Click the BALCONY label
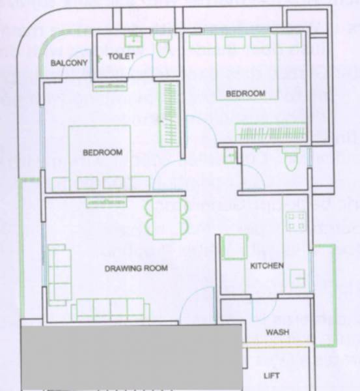(x=69, y=63)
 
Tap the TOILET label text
(x=121, y=57)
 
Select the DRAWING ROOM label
(x=136, y=268)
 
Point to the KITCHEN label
(x=267, y=266)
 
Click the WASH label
(x=277, y=332)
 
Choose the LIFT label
(x=271, y=376)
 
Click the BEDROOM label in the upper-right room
(x=245, y=94)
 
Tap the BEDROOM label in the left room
(x=102, y=152)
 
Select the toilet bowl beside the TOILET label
(x=163, y=46)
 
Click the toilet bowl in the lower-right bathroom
(x=290, y=160)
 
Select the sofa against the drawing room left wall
(x=58, y=273)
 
